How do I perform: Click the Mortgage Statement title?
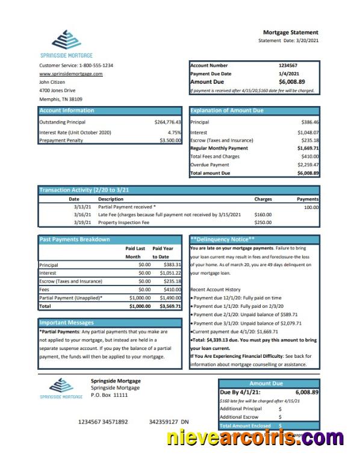(x=291, y=32)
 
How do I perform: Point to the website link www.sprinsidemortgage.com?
(x=70, y=73)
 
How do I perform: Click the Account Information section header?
(x=67, y=110)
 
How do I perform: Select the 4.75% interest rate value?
(x=174, y=132)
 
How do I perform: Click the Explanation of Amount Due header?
(x=227, y=110)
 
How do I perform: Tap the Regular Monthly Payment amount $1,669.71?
(x=308, y=148)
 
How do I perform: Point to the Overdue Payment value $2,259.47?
(x=308, y=164)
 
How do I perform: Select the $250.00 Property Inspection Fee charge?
(x=263, y=222)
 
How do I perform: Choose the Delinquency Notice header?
(x=223, y=239)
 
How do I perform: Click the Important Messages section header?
(x=67, y=322)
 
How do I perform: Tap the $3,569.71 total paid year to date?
(x=170, y=306)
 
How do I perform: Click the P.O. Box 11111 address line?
(x=109, y=395)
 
